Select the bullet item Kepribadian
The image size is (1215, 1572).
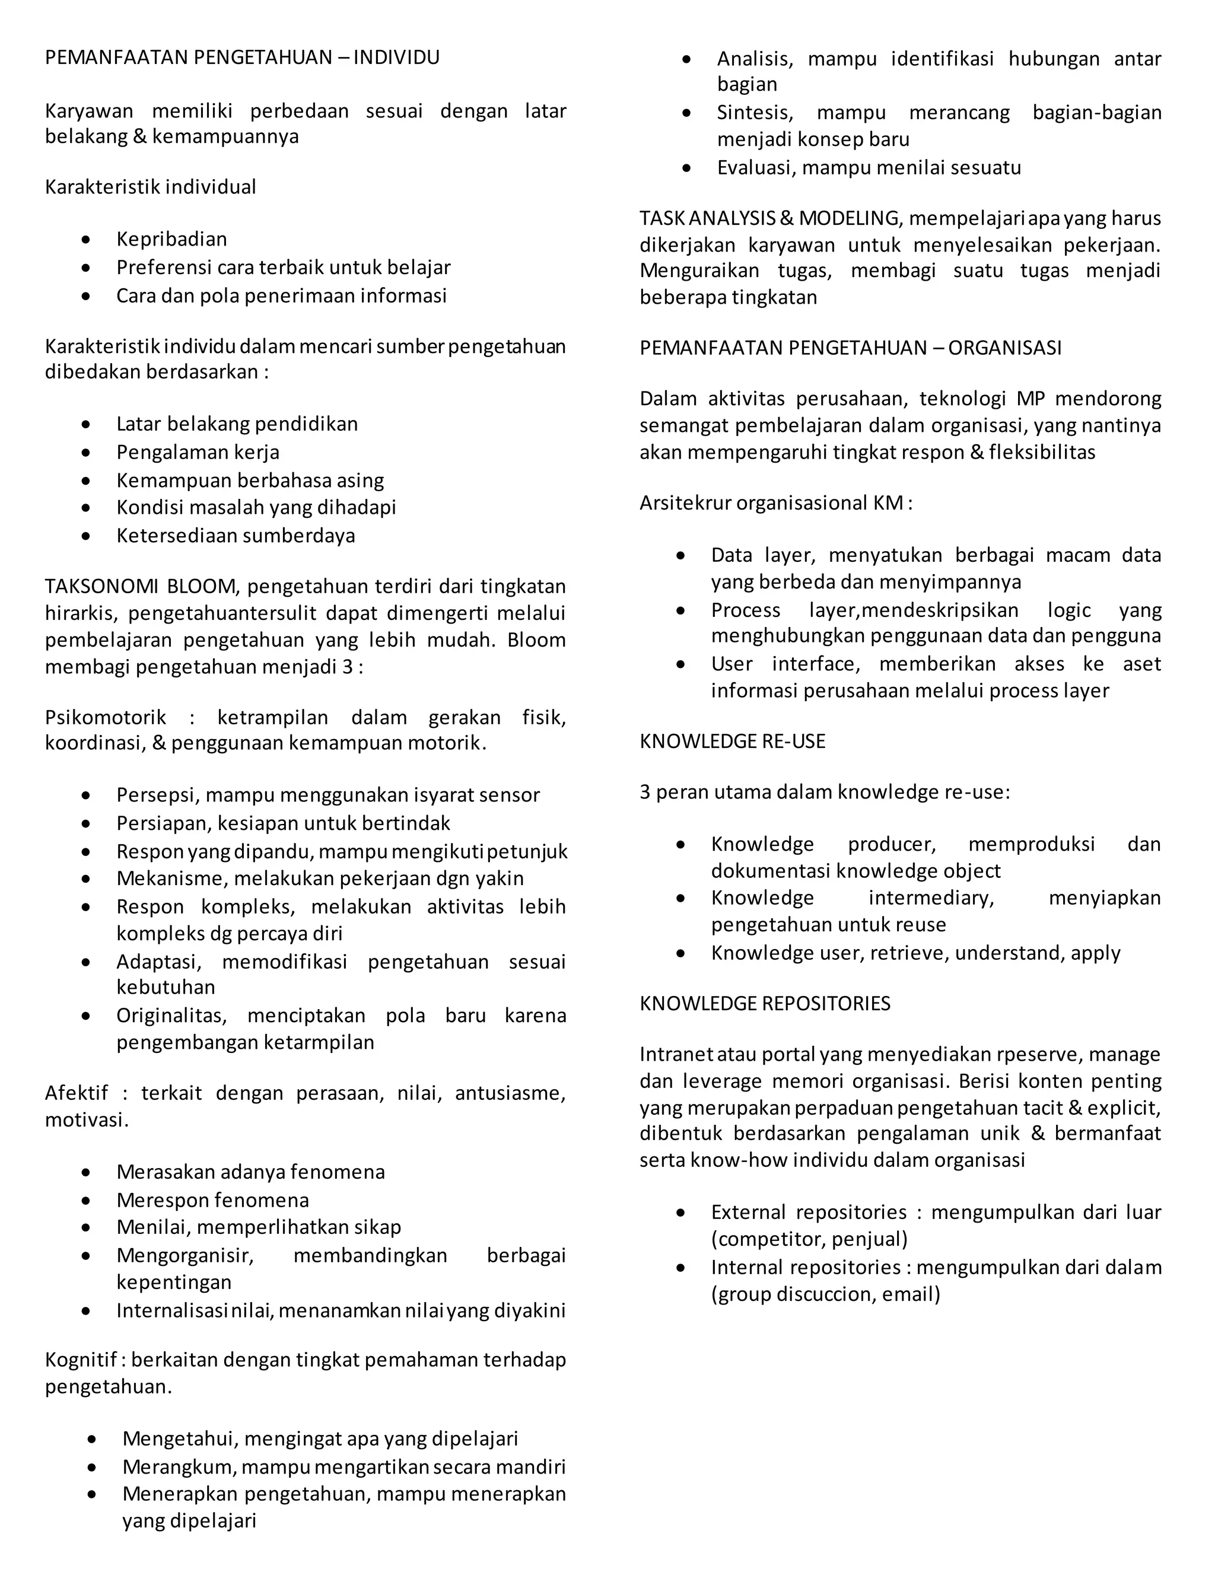[x=171, y=239]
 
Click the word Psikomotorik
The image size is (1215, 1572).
[x=105, y=718]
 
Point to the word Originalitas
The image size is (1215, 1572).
[x=171, y=1016]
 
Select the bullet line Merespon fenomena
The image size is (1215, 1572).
[x=212, y=1200]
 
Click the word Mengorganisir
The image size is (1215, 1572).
[x=185, y=1255]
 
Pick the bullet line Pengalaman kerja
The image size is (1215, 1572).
[x=198, y=452]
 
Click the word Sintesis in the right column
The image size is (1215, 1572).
[x=755, y=113]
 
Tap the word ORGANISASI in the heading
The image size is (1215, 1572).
[x=1004, y=348]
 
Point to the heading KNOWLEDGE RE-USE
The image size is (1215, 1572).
[x=732, y=742]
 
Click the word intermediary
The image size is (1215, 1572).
[x=931, y=898]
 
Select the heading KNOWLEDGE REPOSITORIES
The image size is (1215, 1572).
[x=764, y=1003]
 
